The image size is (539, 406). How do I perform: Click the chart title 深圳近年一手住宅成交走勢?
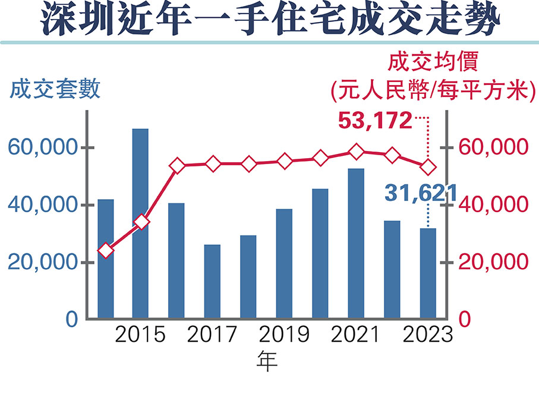point(269,21)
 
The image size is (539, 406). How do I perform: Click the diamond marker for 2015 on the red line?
point(141,222)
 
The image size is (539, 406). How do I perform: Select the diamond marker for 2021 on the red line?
point(356,152)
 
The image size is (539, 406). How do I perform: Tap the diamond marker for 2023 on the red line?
point(428,168)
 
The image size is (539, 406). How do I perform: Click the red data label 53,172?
point(374,121)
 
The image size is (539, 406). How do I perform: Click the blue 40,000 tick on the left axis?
point(42,206)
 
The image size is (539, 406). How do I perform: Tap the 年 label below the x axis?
point(267,361)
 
